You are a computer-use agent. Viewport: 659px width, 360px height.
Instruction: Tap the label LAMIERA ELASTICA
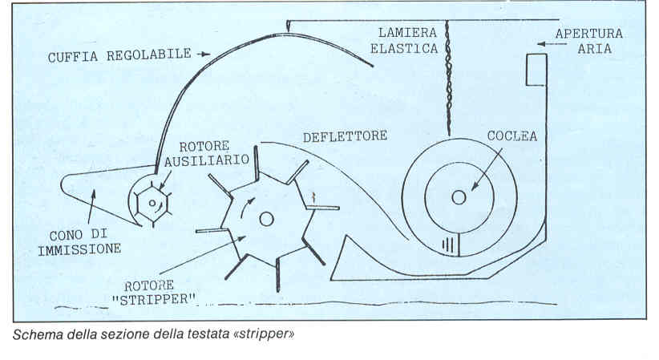pos(409,40)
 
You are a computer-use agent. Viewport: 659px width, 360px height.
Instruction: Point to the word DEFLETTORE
pos(345,136)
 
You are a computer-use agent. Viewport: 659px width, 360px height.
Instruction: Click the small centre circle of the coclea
pos(458,196)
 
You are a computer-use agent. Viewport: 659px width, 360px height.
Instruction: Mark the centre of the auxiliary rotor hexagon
pos(152,203)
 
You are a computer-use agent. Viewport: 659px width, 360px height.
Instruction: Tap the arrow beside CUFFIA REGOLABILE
pos(204,54)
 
